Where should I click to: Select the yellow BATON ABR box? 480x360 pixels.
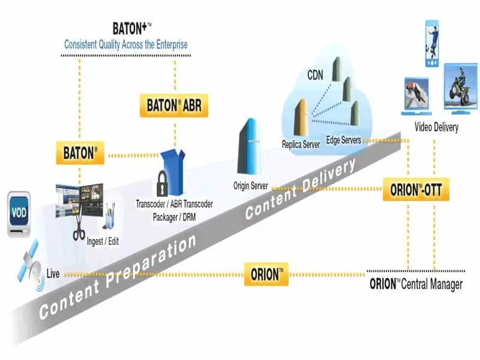[174, 106]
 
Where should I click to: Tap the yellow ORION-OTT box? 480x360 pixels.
[416, 190]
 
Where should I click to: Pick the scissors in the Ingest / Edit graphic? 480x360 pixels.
[79, 226]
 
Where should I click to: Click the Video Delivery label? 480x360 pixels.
[437, 127]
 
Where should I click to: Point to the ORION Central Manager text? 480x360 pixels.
[415, 284]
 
